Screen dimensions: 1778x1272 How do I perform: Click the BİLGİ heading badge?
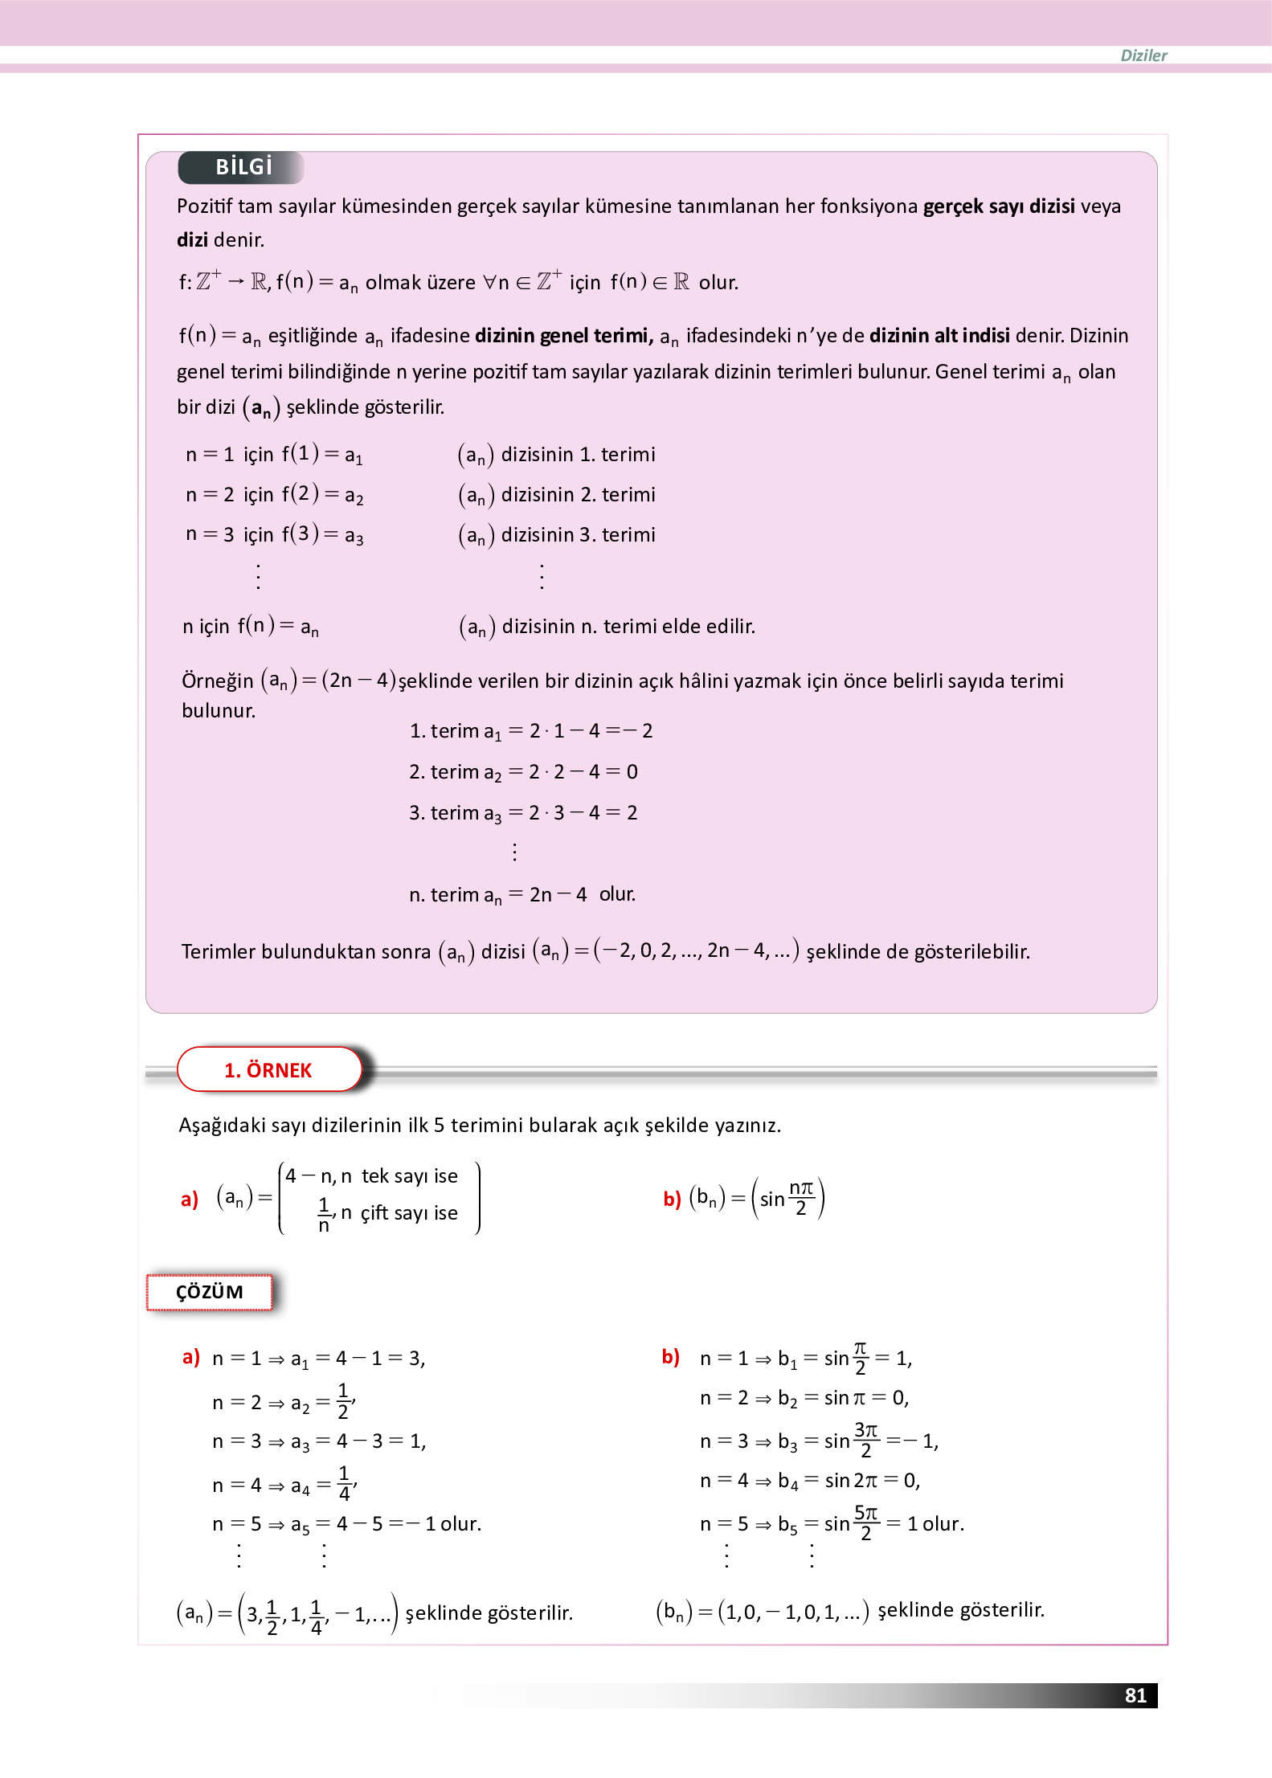(243, 167)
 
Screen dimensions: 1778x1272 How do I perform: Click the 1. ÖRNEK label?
(268, 1070)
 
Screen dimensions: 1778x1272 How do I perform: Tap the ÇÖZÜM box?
(209, 1292)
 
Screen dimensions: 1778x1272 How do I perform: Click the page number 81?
(1135, 1695)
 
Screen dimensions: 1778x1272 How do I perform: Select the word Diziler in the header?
(1143, 55)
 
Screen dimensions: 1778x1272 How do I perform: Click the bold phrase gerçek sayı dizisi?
(998, 206)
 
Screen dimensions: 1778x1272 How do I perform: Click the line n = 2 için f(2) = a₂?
(274, 494)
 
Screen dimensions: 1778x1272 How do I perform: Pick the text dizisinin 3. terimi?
(578, 534)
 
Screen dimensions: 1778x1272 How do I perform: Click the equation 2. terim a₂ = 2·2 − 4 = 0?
(523, 772)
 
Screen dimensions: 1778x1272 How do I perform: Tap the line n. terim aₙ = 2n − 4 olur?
(521, 894)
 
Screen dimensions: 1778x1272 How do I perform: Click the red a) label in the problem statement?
(190, 1200)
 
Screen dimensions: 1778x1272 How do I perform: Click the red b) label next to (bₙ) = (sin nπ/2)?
(672, 1200)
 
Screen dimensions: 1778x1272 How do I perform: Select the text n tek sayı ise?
(399, 1176)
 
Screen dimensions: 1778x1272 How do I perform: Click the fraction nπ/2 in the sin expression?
(801, 1198)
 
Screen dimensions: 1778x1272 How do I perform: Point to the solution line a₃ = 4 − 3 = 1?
(358, 1441)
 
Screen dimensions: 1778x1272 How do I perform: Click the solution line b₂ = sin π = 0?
(843, 1398)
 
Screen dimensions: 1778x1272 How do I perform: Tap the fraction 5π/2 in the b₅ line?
(865, 1523)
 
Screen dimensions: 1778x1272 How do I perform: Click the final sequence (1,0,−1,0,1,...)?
(793, 1611)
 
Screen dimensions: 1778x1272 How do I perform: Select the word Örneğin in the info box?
(217, 681)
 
